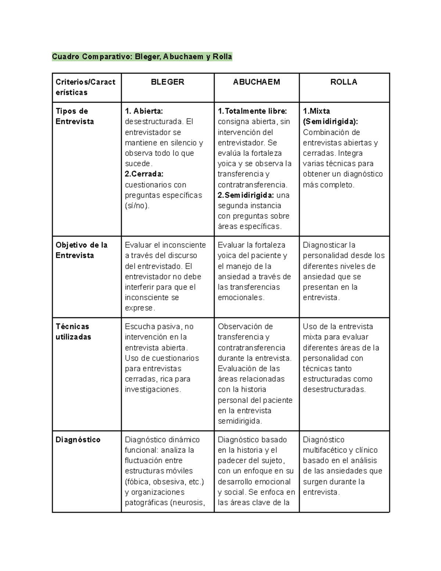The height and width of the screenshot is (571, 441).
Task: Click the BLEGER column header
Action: click(168, 82)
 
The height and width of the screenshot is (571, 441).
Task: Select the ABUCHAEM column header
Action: click(257, 82)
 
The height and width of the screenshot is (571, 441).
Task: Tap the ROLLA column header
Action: click(344, 82)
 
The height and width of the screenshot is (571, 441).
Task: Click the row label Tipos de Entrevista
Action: click(75, 116)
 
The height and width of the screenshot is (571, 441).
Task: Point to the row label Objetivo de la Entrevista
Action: click(81, 250)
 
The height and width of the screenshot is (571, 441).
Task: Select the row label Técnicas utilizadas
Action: click(73, 332)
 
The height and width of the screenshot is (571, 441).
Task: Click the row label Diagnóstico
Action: click(78, 440)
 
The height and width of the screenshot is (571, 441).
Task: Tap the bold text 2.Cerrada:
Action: click(144, 174)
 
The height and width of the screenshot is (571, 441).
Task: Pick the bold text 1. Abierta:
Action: click(144, 111)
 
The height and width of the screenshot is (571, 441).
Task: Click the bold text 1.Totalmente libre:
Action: click(252, 111)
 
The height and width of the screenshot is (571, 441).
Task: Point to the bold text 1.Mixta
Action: click(316, 111)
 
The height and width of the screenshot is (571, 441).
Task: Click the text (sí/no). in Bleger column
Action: click(137, 206)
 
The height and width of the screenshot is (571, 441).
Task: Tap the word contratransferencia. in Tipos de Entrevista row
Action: click(252, 185)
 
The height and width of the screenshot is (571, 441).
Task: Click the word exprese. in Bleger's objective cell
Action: click(140, 308)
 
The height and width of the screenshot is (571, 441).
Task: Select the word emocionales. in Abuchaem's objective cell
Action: click(241, 298)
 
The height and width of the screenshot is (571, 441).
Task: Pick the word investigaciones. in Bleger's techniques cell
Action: click(153, 390)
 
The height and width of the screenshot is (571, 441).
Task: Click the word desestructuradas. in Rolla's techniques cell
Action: click(334, 390)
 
